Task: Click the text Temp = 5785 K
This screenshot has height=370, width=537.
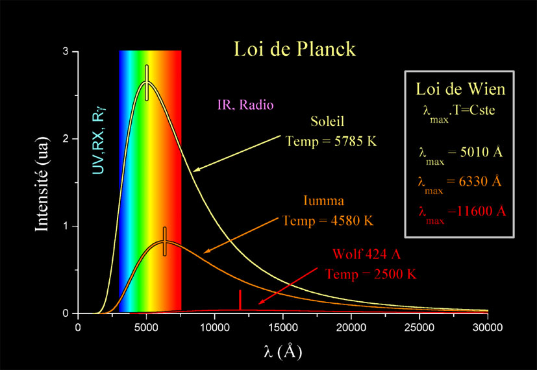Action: tap(331, 140)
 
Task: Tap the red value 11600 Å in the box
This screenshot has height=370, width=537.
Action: tap(477, 211)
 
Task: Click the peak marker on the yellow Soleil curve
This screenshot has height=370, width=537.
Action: tap(147, 82)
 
